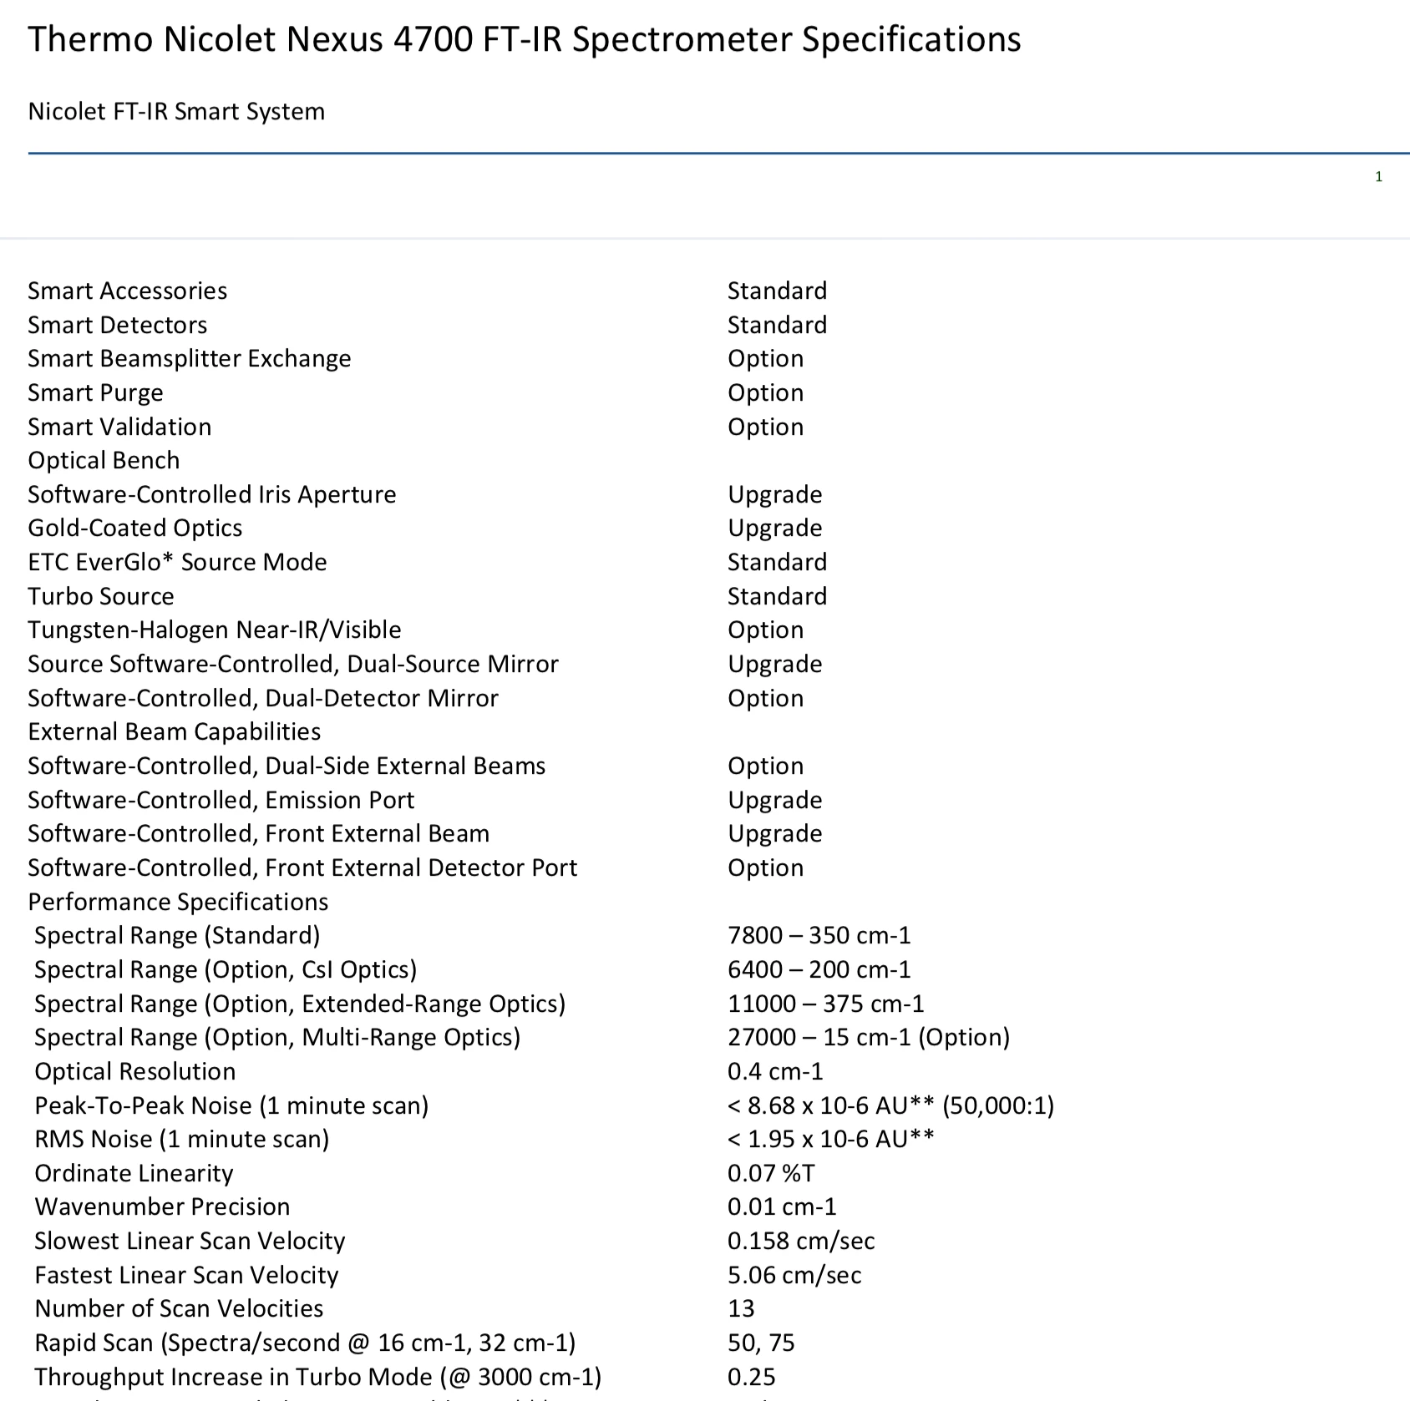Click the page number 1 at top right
(1378, 177)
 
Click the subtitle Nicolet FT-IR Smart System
(176, 112)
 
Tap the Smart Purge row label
(95, 392)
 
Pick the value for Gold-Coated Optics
(774, 528)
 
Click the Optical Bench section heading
(104, 460)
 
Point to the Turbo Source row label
(101, 596)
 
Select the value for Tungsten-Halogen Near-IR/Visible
(765, 630)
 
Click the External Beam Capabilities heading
(174, 731)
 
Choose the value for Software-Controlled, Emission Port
(774, 800)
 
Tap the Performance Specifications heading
(178, 902)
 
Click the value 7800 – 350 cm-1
(819, 935)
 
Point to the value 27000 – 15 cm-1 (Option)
(868, 1037)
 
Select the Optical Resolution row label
(134, 1071)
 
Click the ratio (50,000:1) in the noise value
(998, 1105)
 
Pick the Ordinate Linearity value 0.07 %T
(770, 1173)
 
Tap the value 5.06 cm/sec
(794, 1275)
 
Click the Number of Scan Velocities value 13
(741, 1308)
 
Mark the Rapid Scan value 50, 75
(761, 1343)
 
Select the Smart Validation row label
(119, 427)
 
